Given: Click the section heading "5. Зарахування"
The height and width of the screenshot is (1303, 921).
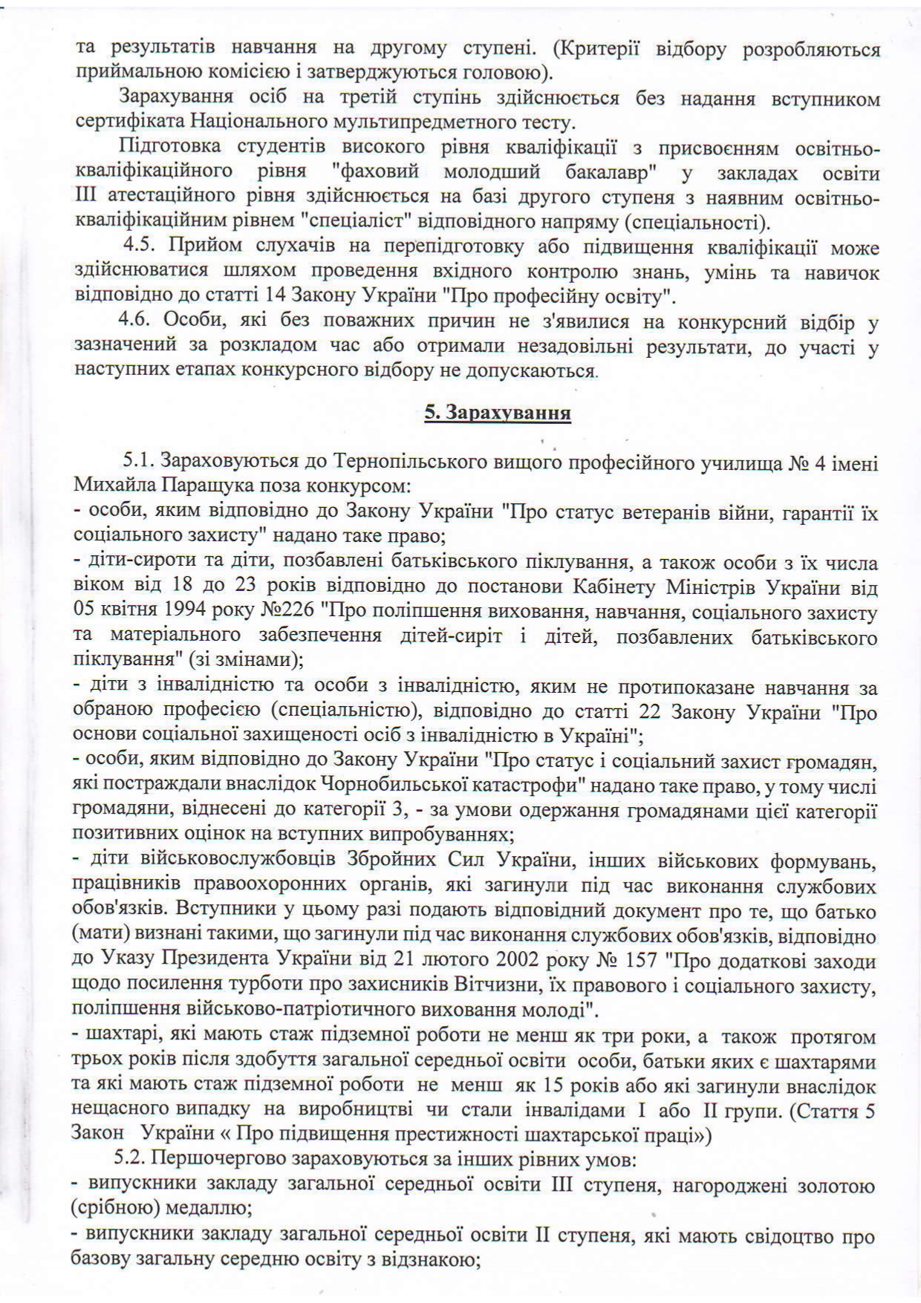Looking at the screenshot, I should point(497,414).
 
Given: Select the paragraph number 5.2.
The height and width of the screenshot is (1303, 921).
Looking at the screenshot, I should point(129,1159).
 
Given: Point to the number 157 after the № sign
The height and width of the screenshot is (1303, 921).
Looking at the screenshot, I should point(639,960).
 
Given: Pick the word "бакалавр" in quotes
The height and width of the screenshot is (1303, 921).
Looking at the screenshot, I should point(598,172).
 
